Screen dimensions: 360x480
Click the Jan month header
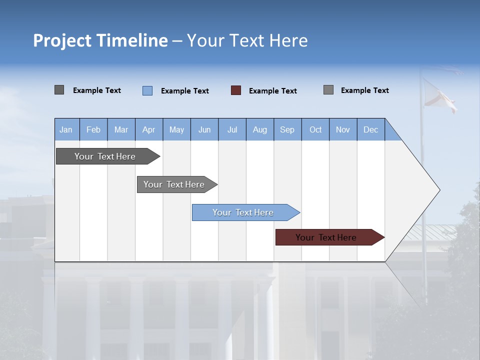click(66, 129)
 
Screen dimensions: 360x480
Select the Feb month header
click(93, 129)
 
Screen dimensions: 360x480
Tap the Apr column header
click(148, 129)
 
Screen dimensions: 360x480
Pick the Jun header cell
click(204, 129)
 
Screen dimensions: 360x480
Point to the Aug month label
click(259, 129)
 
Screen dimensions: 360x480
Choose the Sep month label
click(287, 129)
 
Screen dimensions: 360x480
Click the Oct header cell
click(315, 129)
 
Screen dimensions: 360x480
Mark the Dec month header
click(370, 129)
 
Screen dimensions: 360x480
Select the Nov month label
click(343, 129)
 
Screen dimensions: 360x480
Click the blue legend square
click(147, 90)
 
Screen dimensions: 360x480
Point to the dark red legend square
click(236, 90)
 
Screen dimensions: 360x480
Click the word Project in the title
click(62, 40)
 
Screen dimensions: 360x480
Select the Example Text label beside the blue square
click(185, 91)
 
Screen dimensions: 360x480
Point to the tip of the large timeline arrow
click(438, 190)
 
